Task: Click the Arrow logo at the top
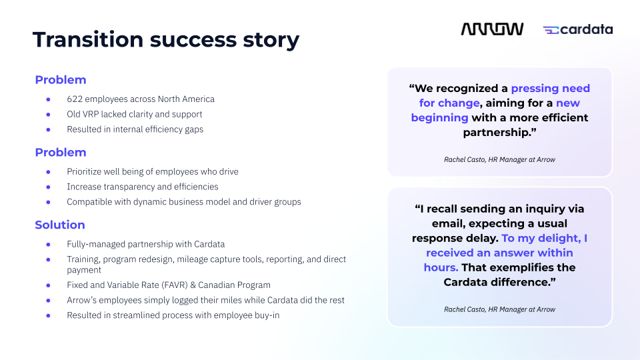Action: (x=492, y=29)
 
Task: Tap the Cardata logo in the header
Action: (x=578, y=29)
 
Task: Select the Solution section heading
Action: (x=60, y=225)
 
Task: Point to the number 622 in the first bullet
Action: (x=74, y=99)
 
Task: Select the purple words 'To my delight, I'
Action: (x=545, y=238)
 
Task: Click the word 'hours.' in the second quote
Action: (x=441, y=267)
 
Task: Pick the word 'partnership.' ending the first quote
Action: (x=500, y=132)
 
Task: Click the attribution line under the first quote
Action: (x=499, y=159)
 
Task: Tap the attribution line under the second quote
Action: (x=499, y=309)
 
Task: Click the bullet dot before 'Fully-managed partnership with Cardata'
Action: (x=48, y=244)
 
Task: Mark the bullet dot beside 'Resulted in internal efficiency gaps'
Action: (x=48, y=129)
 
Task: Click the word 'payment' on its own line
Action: (x=84, y=270)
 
